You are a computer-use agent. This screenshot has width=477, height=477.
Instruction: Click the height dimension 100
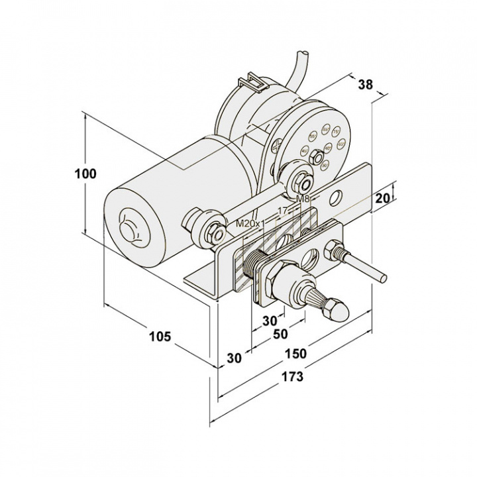tap(85, 174)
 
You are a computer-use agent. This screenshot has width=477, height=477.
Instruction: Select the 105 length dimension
tap(160, 337)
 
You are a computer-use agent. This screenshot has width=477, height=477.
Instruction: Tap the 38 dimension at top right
tap(365, 84)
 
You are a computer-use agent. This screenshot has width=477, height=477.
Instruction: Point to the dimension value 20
tap(382, 198)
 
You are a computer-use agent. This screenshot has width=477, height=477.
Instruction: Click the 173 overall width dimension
tap(292, 377)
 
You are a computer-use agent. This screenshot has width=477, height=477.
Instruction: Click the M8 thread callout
tap(303, 199)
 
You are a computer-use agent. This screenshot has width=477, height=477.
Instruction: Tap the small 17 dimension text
tap(283, 211)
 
